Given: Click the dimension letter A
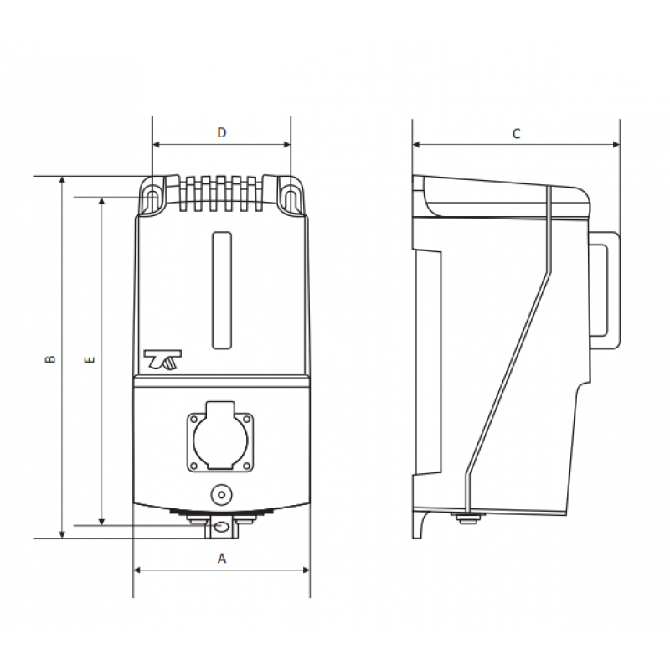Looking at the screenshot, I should click(222, 558).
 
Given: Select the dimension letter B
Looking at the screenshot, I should click(50, 358).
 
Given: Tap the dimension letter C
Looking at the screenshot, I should click(517, 133).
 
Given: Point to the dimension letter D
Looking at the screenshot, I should click(222, 132).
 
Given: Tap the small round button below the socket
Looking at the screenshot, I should click(220, 495).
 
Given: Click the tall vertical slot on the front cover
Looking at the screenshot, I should click(221, 290).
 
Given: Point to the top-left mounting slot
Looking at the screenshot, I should click(152, 198).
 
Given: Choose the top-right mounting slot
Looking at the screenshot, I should click(290, 198).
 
